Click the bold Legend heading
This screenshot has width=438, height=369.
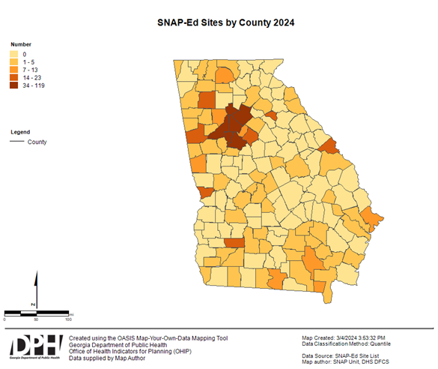coord(20,132)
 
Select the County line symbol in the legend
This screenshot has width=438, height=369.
coord(17,141)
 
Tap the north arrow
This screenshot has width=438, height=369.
coord(34,289)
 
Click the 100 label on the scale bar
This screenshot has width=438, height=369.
coord(68,319)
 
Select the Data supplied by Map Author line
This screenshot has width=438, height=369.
coord(108,358)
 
